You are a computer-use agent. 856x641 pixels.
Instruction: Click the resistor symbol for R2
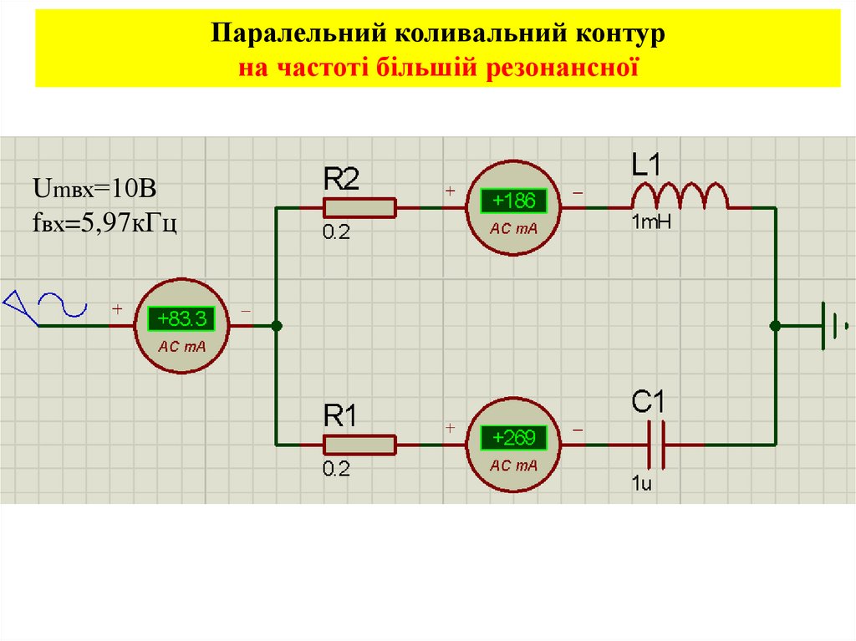pyautogui.click(x=359, y=207)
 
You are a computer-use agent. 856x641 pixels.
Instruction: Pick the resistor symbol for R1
pyautogui.click(x=359, y=444)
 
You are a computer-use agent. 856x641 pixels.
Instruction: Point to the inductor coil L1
pyautogui.click(x=679, y=197)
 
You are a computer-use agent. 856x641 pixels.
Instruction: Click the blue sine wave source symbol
pyautogui.click(x=62, y=304)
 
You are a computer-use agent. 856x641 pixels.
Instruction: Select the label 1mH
pyautogui.click(x=652, y=222)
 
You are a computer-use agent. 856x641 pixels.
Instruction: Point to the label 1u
pyautogui.click(x=642, y=482)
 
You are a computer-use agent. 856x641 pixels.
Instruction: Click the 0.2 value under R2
pyautogui.click(x=337, y=233)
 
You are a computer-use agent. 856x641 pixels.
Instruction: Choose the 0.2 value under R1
pyautogui.click(x=337, y=469)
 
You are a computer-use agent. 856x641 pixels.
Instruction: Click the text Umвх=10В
pyautogui.click(x=94, y=190)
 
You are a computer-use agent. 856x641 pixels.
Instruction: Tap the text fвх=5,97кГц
pyautogui.click(x=104, y=223)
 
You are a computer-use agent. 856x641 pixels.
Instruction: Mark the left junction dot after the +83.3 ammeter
pyautogui.click(x=277, y=326)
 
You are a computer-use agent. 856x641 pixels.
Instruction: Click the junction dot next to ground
pyautogui.click(x=775, y=325)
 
